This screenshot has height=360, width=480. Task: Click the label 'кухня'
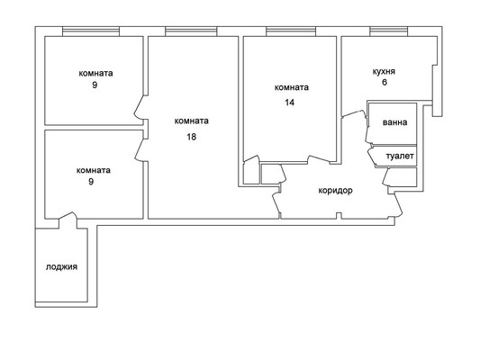point(384,72)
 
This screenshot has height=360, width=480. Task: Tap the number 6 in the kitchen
point(385,82)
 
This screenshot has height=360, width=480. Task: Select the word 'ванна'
point(395,122)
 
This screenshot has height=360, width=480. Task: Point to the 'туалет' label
point(400,157)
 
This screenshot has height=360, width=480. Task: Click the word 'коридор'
point(336,191)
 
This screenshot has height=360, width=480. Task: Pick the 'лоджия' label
point(61,267)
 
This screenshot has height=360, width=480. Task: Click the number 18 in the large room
point(192,137)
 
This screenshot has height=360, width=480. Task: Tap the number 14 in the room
point(290,103)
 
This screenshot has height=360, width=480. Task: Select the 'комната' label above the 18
point(192,121)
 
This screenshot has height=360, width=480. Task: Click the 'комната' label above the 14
point(292,88)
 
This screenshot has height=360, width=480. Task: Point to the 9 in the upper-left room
point(95,85)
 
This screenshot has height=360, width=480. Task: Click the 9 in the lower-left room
point(91,182)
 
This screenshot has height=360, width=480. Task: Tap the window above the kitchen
point(388,31)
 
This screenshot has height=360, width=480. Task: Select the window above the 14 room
point(291,31)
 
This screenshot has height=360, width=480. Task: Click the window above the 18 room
point(191,31)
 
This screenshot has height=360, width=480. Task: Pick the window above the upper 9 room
point(91,31)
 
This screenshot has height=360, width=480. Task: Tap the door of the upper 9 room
point(140,108)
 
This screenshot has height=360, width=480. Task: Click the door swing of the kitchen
point(355,112)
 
